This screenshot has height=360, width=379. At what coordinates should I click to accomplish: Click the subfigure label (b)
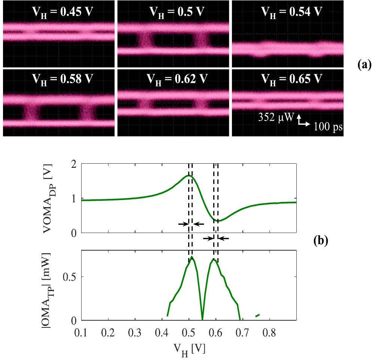320,241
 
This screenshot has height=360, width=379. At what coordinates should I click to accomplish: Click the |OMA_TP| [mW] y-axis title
52,285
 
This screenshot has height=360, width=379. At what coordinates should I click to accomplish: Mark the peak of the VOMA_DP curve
189,175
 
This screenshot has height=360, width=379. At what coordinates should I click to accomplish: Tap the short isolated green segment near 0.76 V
257,315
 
